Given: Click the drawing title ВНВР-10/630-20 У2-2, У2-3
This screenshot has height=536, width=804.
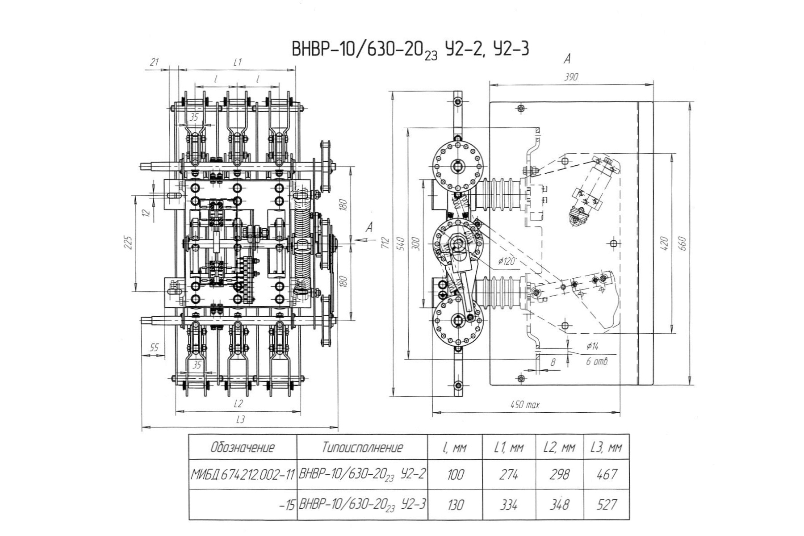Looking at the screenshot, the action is point(410,49).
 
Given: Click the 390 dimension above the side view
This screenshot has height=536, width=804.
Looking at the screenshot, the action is point(571,77).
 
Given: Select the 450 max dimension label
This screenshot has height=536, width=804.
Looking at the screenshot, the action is point(525,405).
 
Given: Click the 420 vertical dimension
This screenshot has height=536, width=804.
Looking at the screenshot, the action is point(664,243).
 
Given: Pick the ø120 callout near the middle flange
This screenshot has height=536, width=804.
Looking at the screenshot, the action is point(506,261).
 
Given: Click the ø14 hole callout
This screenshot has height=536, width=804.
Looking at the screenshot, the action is point(592,346).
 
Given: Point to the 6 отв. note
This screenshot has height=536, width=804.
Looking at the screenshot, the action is point(597,361).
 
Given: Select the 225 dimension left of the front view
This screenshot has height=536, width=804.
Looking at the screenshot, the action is point(128,243).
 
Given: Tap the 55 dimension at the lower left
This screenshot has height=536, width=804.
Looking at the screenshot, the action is point(154,348).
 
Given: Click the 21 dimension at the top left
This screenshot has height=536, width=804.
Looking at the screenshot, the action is point(154,62).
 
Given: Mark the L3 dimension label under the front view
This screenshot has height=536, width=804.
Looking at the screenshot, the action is point(240,419).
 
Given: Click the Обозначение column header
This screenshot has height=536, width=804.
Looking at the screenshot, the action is point(243,447).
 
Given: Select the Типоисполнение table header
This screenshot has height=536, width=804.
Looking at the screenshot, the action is point(362,447).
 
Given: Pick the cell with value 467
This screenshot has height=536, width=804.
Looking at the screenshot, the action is point(607,474).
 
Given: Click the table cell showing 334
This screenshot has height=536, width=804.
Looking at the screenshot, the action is point(509,505).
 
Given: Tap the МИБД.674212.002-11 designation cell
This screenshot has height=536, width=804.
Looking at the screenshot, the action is point(243,474).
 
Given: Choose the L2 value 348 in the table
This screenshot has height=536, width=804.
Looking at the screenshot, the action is point(559,505).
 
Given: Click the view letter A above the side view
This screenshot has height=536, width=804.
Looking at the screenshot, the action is point(568,59).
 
